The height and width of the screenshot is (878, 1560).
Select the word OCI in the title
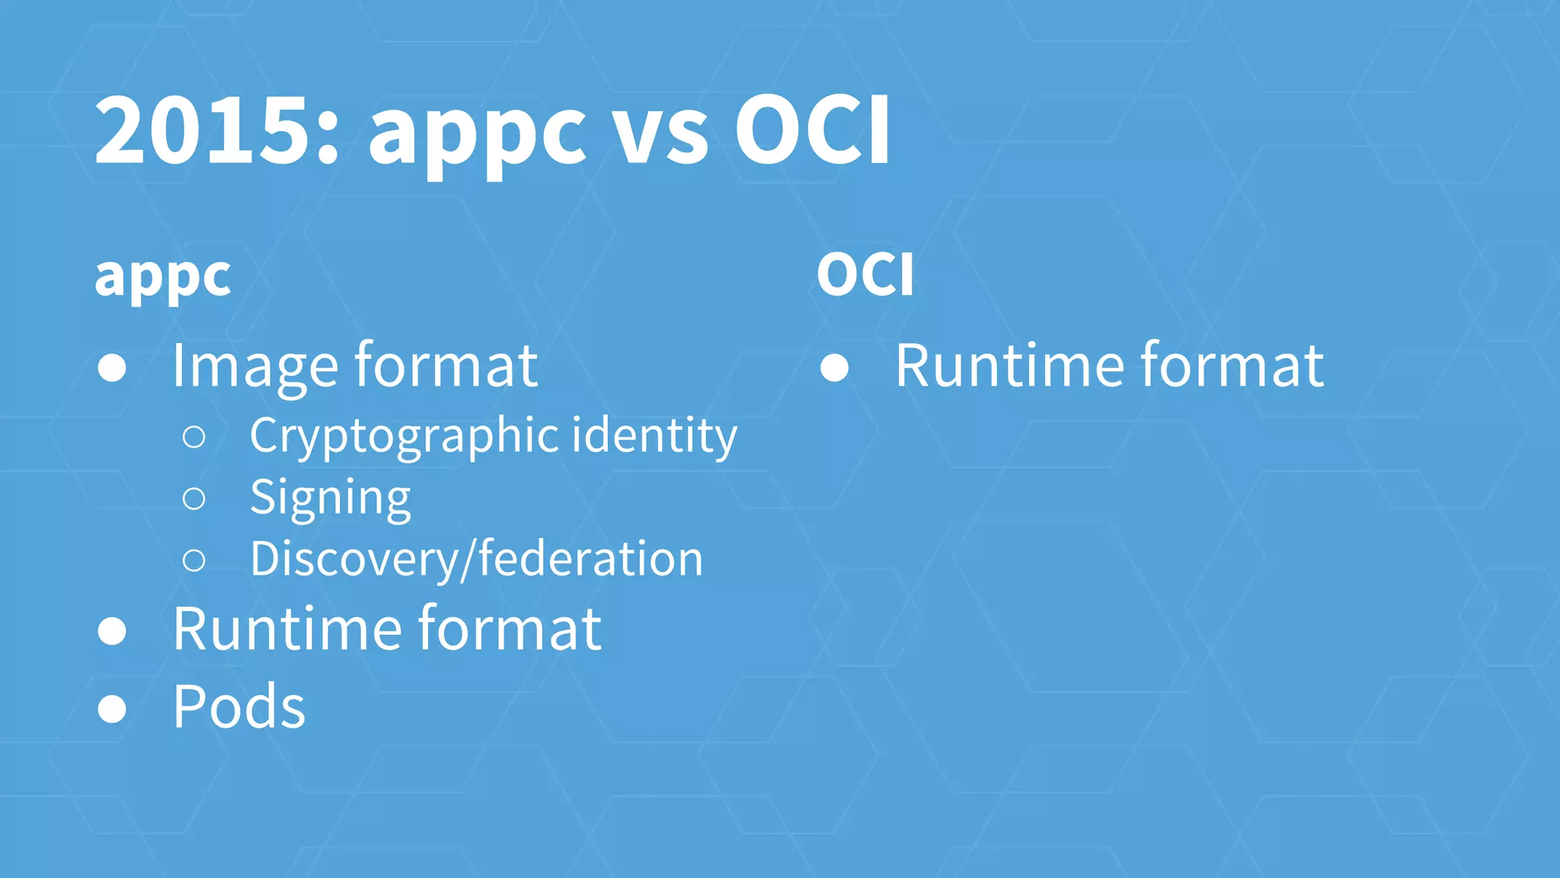point(812,131)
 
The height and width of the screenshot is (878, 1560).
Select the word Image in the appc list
point(254,367)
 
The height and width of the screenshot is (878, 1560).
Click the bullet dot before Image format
point(112,368)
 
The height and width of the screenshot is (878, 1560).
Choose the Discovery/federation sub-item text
point(476,559)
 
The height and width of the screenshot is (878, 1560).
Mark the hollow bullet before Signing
point(194,499)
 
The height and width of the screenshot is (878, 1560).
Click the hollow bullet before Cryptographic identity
point(194,437)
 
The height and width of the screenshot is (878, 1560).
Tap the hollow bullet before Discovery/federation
point(194,561)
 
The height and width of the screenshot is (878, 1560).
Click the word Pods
point(238,707)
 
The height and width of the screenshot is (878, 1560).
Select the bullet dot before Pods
point(112,709)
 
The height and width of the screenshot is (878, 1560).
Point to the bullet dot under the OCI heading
point(835,368)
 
